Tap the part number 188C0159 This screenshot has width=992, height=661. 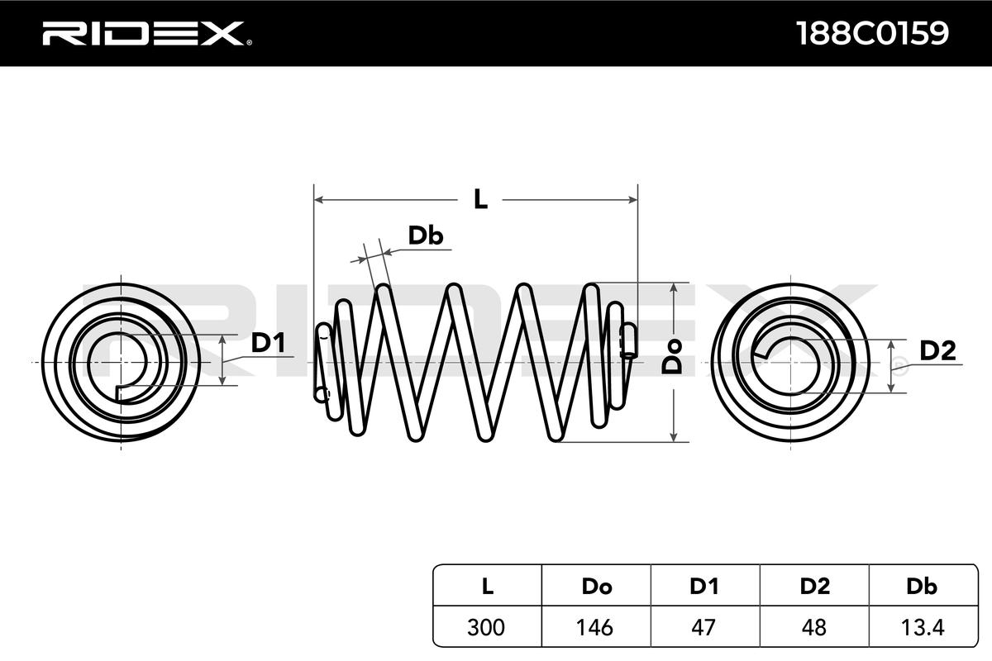(871, 33)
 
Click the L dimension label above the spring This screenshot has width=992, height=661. (479, 199)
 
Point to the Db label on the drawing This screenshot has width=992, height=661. (426, 236)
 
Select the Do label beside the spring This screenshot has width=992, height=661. (675, 360)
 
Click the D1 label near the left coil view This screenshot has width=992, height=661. (267, 343)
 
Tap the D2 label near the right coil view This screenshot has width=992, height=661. (937, 351)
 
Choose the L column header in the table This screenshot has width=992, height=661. (488, 587)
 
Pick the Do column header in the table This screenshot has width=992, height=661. (596, 587)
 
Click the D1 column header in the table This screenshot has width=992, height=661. (704, 587)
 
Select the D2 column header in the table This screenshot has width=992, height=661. (814, 587)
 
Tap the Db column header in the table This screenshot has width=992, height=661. (922, 587)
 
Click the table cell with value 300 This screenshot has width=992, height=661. (488, 627)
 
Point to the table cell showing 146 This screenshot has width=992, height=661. (596, 627)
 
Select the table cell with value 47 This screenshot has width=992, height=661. (704, 627)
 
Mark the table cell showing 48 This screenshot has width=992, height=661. (814, 627)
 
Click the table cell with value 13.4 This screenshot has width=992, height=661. (922, 627)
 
